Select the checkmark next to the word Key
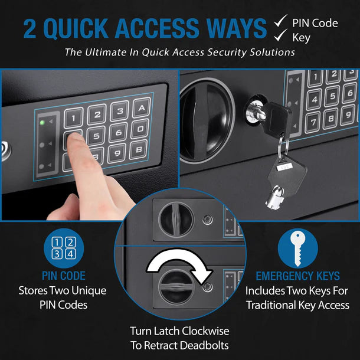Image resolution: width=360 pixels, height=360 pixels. pos(280,37)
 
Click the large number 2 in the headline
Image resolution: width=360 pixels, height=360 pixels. pos(32,28)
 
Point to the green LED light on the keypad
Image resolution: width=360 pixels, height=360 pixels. pos(42,123)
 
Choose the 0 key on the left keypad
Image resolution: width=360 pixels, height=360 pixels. pos(140,129)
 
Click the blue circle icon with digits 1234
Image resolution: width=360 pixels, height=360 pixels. pos(64,248)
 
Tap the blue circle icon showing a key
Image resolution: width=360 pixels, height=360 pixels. pos(297,248)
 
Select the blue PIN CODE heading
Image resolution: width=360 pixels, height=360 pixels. pos(64,276)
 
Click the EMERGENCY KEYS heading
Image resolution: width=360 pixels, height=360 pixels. pos(297,276)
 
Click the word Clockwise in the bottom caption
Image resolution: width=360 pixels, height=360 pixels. pos(200,331)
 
